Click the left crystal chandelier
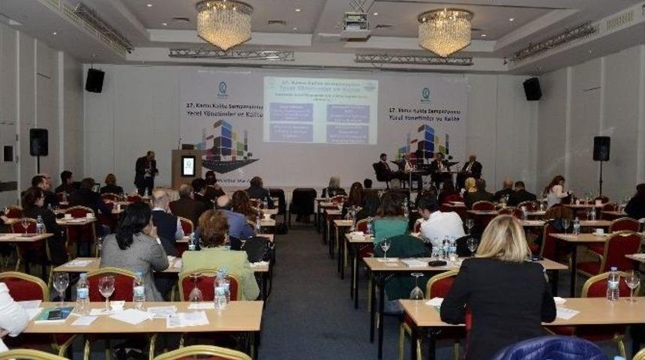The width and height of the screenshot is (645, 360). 223,24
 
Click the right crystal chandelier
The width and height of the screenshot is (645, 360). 445,31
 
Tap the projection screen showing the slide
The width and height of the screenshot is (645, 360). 320,110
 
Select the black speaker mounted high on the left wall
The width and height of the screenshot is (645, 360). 94,80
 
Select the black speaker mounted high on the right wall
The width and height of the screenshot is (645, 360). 532,88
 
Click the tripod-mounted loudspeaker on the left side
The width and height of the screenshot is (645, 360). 38,142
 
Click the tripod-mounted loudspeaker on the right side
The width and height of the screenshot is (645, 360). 601,148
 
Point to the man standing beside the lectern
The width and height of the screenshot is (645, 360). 146,172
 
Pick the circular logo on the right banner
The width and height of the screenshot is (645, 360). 425,94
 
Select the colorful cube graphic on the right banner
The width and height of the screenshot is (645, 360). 424,143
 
